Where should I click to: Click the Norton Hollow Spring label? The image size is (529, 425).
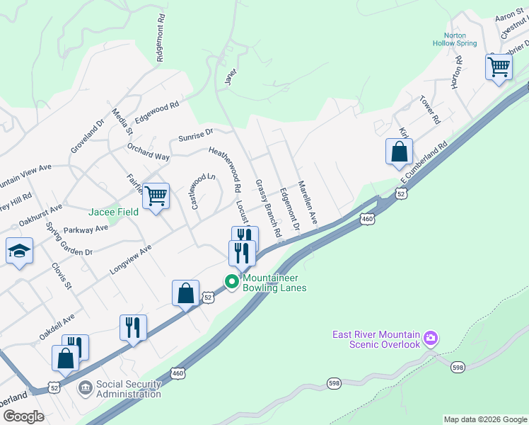455,39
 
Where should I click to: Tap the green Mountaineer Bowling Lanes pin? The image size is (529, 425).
231,282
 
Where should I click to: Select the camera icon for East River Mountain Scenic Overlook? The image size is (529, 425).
431,339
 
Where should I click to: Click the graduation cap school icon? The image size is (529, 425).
19,251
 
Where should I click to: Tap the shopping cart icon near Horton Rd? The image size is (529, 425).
499,67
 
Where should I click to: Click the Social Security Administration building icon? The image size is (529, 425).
85,388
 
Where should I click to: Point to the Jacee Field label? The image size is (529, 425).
113,212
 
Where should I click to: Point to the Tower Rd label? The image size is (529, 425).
429,110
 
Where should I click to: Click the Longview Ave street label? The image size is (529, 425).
130,260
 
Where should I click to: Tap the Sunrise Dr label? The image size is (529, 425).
195,134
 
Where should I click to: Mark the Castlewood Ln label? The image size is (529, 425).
202,191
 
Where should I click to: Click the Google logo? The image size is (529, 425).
23,416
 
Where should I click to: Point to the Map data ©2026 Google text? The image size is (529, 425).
484,419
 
